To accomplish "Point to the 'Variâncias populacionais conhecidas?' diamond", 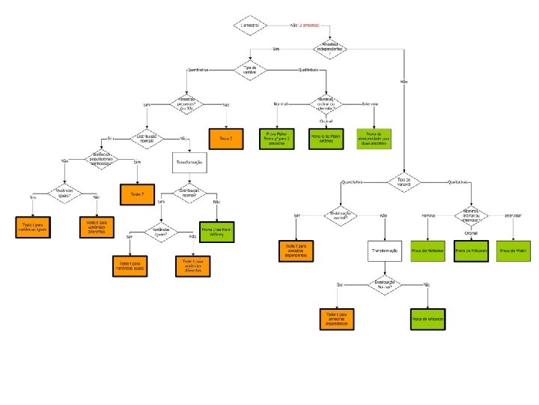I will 100,160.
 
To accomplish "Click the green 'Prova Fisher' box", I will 276,139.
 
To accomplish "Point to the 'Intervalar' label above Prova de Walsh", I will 514,215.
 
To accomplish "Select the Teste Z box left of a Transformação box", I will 136,194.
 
